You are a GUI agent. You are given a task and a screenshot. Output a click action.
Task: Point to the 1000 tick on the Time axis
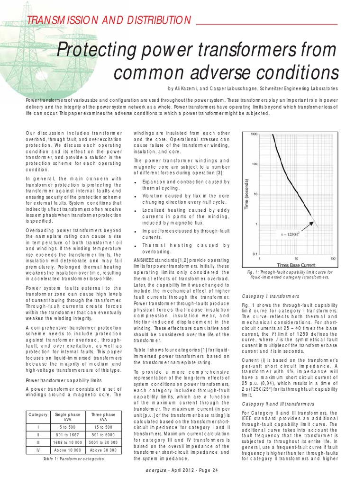pos(254,135)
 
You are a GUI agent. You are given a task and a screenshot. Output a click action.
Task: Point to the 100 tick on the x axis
pos(333,259)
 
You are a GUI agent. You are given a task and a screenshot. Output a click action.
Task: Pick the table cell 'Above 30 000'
pos(103,450)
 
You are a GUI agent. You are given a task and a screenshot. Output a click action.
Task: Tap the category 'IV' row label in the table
pos(38,450)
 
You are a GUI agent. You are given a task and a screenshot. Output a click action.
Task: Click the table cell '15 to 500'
pos(103,427)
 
